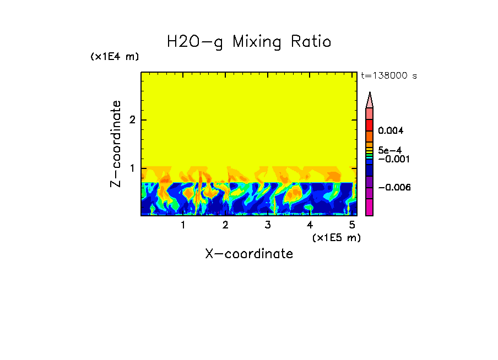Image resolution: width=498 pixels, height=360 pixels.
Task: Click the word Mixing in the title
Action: click(x=259, y=42)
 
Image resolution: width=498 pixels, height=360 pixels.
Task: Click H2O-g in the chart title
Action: click(x=196, y=42)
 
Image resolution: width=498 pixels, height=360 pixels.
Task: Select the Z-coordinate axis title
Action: click(x=116, y=144)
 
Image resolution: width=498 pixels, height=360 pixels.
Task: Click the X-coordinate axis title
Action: click(x=249, y=254)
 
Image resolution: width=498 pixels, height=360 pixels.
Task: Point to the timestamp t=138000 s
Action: click(x=388, y=76)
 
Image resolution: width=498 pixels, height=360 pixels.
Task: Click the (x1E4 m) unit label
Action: click(x=115, y=57)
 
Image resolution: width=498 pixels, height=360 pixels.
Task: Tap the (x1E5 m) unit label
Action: click(x=336, y=237)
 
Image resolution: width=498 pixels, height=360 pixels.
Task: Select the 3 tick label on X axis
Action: click(x=267, y=225)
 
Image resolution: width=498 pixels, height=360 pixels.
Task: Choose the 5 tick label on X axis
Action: click(x=351, y=225)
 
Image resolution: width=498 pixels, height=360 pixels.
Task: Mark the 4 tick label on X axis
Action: click(x=310, y=225)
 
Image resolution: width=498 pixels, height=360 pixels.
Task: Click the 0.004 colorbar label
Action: click(x=391, y=131)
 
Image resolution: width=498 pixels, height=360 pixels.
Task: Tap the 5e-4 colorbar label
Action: click(x=389, y=150)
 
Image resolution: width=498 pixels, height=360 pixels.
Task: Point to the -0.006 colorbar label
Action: click(x=394, y=187)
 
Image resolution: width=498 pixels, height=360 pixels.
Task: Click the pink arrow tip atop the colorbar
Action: click(x=370, y=100)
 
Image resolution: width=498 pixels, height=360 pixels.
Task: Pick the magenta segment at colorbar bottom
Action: click(x=370, y=207)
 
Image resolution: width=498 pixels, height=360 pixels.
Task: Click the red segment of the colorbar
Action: click(x=370, y=125)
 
